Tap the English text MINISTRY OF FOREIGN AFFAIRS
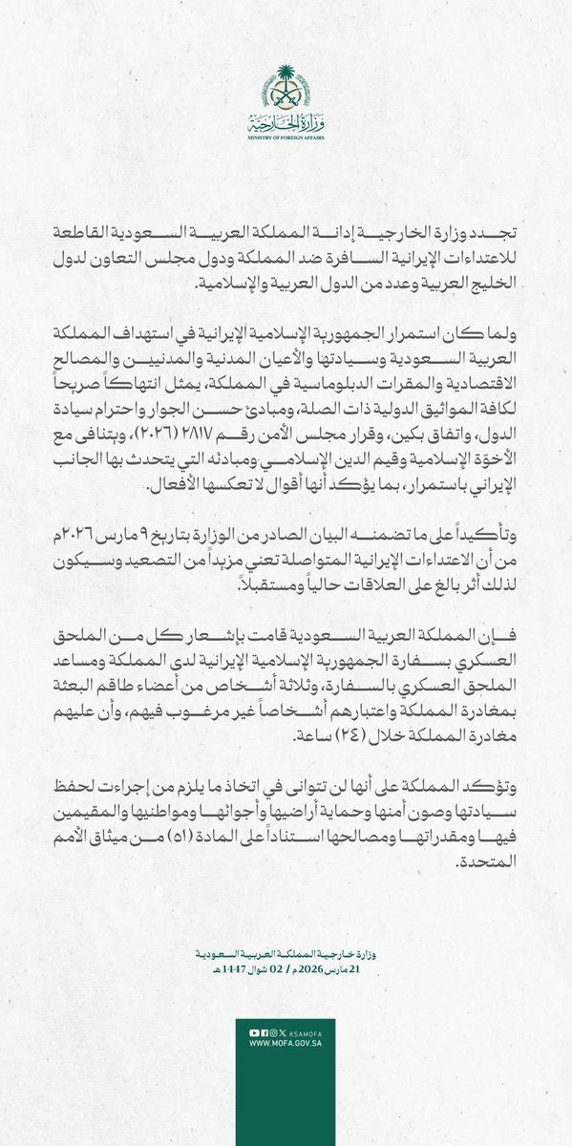tap(286, 138)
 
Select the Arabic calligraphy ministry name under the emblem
tap(286, 123)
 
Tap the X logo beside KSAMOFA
tap(282, 1032)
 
